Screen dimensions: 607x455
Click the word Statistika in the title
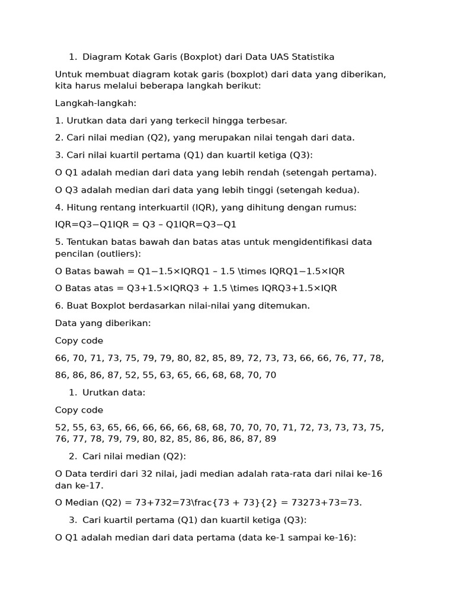coord(313,57)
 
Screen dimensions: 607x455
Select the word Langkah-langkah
coord(95,103)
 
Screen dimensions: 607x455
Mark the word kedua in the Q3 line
coord(339,190)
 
